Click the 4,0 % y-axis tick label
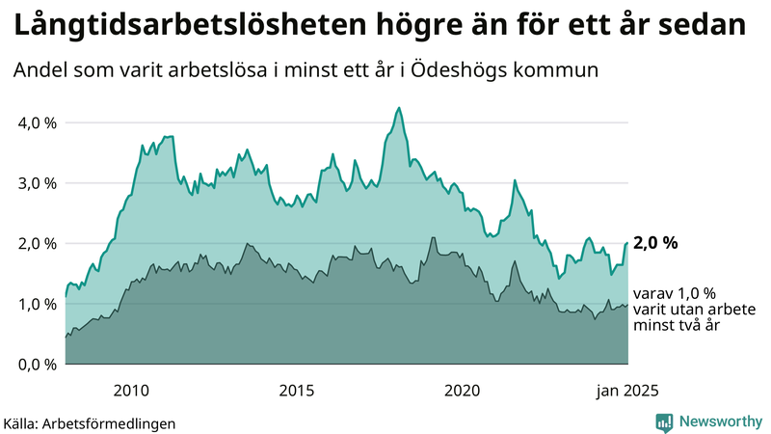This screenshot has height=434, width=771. (35, 122)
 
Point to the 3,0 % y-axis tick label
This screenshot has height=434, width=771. (35, 183)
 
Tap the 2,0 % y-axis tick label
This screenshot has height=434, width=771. (35, 243)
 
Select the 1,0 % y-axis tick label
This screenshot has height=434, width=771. (35, 304)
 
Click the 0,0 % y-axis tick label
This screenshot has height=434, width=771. (35, 364)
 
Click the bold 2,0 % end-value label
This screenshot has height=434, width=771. (655, 243)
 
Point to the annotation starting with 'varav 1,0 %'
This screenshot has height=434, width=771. (695, 310)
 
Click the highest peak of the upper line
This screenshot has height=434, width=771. (398, 108)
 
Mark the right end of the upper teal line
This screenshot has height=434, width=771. (628, 243)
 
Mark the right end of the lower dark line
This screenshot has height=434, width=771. (628, 305)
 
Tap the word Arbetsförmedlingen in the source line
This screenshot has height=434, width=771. (110, 422)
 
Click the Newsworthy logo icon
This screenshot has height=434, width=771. (664, 421)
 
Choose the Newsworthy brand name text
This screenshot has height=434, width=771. (720, 421)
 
